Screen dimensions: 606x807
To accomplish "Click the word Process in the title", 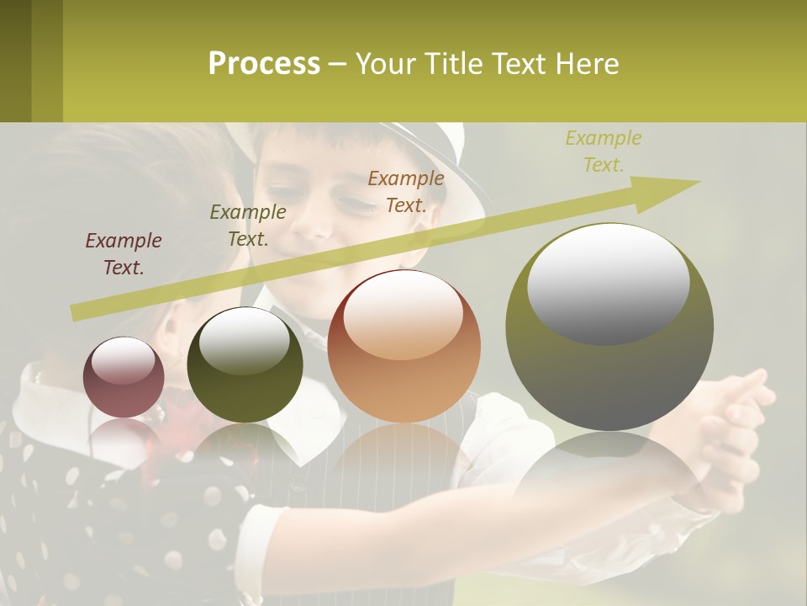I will click(x=264, y=64).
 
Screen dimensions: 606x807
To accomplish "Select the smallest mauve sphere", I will click(x=124, y=377).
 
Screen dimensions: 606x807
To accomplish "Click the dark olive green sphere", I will click(x=245, y=365).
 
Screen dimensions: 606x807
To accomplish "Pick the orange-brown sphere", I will click(x=403, y=347).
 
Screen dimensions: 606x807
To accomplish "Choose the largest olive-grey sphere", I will click(x=609, y=327).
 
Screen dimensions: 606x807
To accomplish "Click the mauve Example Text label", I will click(x=124, y=254).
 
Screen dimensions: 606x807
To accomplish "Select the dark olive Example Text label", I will click(x=248, y=226).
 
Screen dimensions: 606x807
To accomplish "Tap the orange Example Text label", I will click(x=406, y=191).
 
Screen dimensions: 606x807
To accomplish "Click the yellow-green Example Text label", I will click(x=604, y=151).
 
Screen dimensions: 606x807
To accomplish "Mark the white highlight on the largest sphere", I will click(x=609, y=283).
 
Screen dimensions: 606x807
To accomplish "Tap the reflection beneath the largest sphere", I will click(x=609, y=471).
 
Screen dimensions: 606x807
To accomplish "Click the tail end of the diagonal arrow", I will click(x=78, y=312).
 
